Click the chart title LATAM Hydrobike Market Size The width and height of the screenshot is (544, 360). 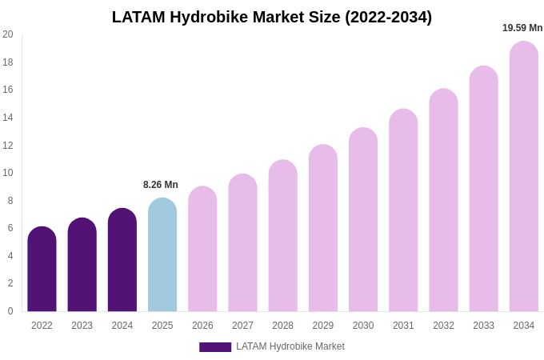pyautogui.click(x=271, y=17)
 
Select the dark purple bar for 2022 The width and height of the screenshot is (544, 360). pyautogui.click(x=42, y=270)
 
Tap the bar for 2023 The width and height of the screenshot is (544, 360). pyautogui.click(x=82, y=265)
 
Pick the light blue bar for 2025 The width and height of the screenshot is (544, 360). pyautogui.click(x=162, y=255)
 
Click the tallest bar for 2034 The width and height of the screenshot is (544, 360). pyautogui.click(x=523, y=177)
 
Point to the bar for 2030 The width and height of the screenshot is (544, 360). pyautogui.click(x=363, y=220)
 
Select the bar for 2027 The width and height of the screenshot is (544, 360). pyautogui.click(x=242, y=243)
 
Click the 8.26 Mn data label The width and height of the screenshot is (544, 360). pyautogui.click(x=161, y=185)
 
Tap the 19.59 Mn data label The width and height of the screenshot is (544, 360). pyautogui.click(x=522, y=28)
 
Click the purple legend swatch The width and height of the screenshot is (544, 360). pyautogui.click(x=215, y=347)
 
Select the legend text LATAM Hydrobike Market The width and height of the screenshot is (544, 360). pyautogui.click(x=290, y=346)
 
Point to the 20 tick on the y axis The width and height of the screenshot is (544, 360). pyautogui.click(x=8, y=34)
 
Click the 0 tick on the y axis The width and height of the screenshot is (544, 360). pyautogui.click(x=10, y=311)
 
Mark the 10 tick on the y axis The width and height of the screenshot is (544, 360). pyautogui.click(x=8, y=173)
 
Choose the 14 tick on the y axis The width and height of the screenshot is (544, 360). pyautogui.click(x=8, y=118)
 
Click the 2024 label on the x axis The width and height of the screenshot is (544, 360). pyautogui.click(x=122, y=326)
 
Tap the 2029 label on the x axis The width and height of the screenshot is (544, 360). pyautogui.click(x=323, y=326)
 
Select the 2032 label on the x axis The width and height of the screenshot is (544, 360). pyautogui.click(x=443, y=326)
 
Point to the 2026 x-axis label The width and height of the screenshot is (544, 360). pyautogui.click(x=202, y=326)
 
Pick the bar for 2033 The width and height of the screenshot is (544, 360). pyautogui.click(x=483, y=189)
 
